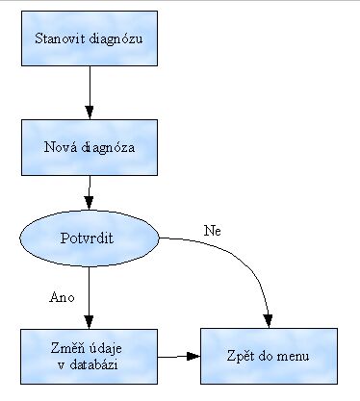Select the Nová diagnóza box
point(89,147)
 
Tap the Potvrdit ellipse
point(89,237)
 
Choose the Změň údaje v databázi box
point(89,355)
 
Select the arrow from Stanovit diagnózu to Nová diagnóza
point(89,94)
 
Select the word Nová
point(61,147)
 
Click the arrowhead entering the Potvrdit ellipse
point(90,204)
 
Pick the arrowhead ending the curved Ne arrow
point(268,320)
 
